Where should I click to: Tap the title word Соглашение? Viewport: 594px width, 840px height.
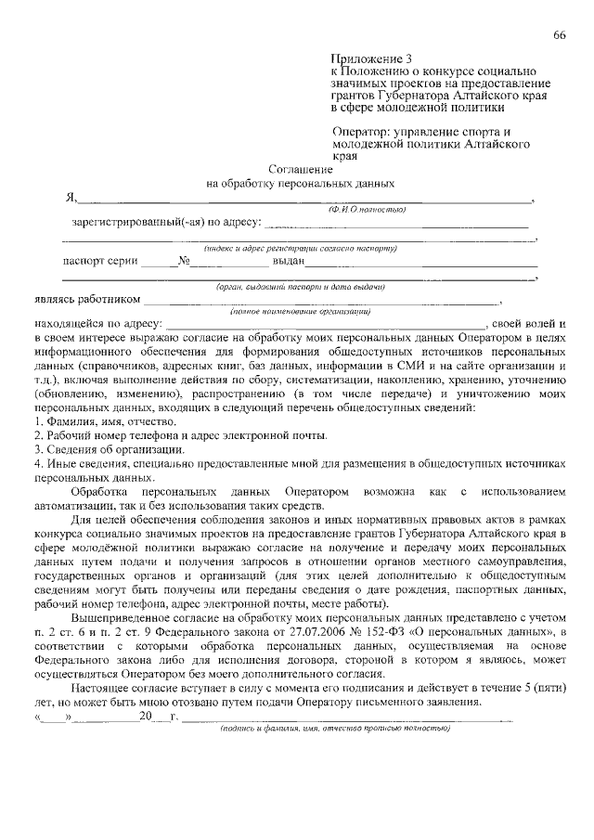click(298, 170)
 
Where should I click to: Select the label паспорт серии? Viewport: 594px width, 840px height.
click(100, 263)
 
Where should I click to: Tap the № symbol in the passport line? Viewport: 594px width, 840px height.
click(184, 263)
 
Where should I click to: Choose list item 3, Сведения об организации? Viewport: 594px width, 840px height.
click(97, 449)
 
